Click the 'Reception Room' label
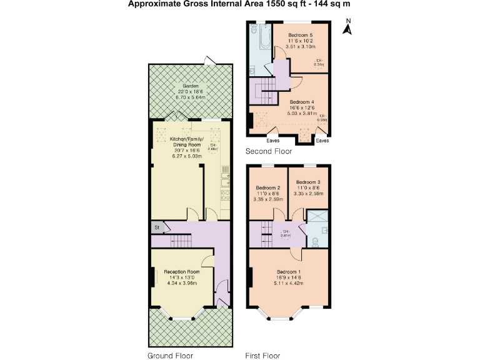pyautogui.click(x=181, y=272)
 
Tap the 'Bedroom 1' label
pyautogui.click(x=289, y=272)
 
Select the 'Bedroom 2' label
pyautogui.click(x=267, y=188)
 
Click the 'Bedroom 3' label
pyautogui.click(x=308, y=182)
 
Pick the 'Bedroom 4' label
pyautogui.click(x=302, y=102)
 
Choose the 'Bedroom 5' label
pyautogui.click(x=301, y=35)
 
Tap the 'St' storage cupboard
pyautogui.click(x=157, y=227)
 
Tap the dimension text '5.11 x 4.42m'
pyautogui.click(x=289, y=283)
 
